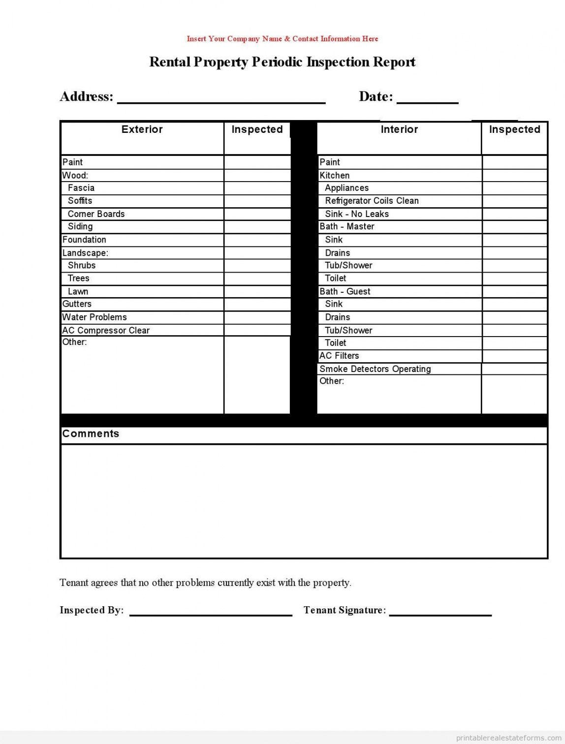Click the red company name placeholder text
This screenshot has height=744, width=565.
click(282, 38)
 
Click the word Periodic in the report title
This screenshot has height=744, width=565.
click(277, 62)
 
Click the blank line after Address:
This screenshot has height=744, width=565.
click(221, 98)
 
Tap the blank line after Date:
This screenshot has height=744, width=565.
click(427, 98)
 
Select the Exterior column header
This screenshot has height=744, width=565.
click(142, 129)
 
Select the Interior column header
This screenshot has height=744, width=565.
click(399, 129)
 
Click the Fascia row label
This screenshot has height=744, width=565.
click(81, 188)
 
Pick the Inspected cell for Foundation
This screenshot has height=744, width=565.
click(257, 240)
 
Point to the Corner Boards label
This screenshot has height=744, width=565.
click(96, 214)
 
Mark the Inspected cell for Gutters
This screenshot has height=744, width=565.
click(257, 304)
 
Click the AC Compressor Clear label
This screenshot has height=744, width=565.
click(106, 330)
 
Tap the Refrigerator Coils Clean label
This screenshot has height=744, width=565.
click(372, 201)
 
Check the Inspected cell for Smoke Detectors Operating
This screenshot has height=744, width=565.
click(514, 369)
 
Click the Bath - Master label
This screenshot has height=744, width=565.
click(347, 226)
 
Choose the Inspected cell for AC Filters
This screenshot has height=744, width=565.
click(514, 356)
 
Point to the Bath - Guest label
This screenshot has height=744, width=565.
click(345, 291)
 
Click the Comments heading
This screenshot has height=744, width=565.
click(91, 434)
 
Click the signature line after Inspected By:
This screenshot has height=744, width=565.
click(211, 612)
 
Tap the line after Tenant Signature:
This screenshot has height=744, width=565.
click(440, 612)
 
